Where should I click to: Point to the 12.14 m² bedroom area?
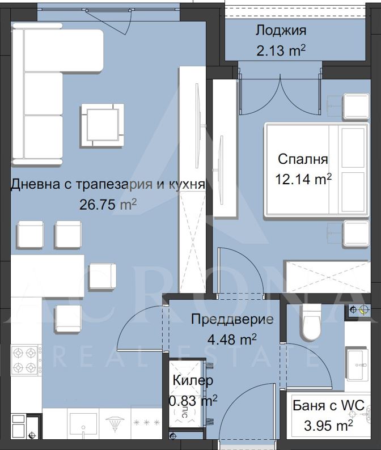(x=303, y=180)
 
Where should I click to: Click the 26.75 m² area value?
(x=108, y=204)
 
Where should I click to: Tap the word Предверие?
(x=232, y=319)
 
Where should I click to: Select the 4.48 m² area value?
(x=232, y=339)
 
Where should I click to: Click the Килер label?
(x=193, y=380)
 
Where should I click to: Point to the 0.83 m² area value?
(x=193, y=401)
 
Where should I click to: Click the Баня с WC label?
(x=324, y=406)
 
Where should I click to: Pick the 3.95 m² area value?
(x=324, y=424)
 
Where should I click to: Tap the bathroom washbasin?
(x=357, y=366)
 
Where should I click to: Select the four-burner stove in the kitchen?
(x=25, y=360)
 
